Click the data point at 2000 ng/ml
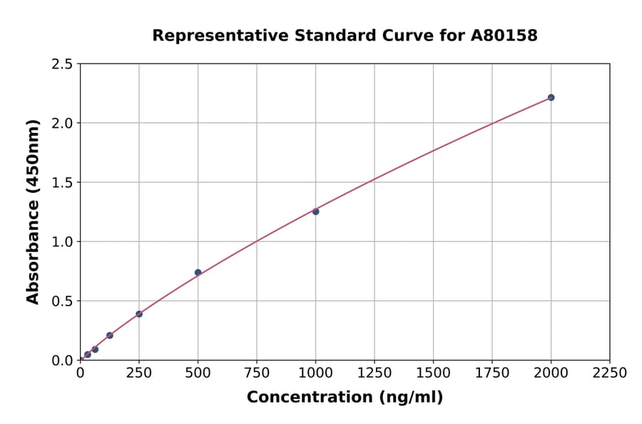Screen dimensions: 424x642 click(x=551, y=97)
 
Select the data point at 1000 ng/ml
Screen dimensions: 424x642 click(x=315, y=211)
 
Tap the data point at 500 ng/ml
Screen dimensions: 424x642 click(x=198, y=272)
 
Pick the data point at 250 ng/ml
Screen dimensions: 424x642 click(x=139, y=314)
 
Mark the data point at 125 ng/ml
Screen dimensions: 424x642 click(x=109, y=335)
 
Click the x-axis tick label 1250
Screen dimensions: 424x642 click(x=374, y=373)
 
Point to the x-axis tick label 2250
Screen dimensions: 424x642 click(x=610, y=373)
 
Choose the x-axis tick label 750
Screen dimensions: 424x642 click(x=257, y=373)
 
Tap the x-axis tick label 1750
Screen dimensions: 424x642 click(x=492, y=373)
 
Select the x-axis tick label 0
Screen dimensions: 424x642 click(x=80, y=373)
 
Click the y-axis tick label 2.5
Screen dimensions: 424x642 click(x=63, y=64)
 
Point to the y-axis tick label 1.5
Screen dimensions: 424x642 click(x=63, y=183)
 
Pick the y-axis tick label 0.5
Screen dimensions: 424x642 click(x=63, y=301)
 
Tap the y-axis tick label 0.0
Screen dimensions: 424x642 click(x=63, y=360)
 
